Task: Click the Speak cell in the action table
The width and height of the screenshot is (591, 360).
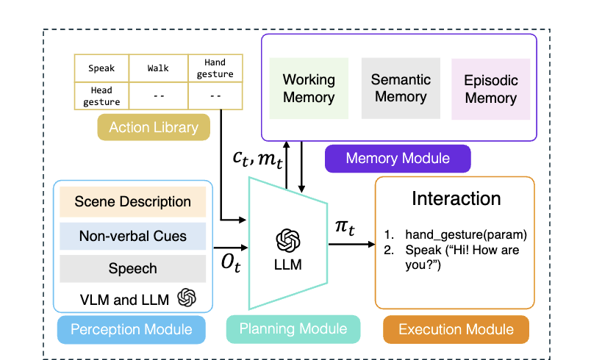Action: pos(101,68)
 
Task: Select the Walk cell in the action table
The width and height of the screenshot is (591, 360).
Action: pos(158,68)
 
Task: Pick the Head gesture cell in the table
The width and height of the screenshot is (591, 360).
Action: pos(101,96)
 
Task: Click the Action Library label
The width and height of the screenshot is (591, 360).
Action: pos(154,127)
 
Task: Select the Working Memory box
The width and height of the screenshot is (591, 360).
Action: pos(309,88)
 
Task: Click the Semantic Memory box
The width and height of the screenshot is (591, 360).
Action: pos(401,87)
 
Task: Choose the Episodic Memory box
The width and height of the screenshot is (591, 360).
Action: pos(491,89)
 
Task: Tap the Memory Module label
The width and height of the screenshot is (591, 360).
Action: pos(397,158)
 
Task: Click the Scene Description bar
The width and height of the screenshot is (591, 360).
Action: pos(133,202)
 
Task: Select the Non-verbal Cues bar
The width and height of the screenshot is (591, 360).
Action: pos(133,236)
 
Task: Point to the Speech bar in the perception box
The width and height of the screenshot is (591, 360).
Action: pos(133,268)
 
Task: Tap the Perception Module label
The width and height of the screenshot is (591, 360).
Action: pos(132,330)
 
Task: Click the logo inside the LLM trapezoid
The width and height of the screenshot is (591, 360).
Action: pos(288,240)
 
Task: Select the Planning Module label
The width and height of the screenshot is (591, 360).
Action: pos(293,330)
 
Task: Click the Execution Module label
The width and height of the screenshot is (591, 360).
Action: pos(456,330)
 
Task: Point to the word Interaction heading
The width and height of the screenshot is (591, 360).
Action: pos(456,198)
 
